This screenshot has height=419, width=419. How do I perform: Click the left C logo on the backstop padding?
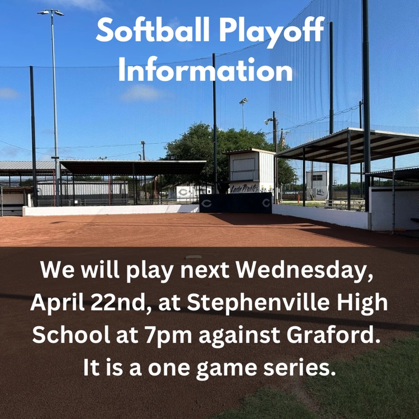point(206,203)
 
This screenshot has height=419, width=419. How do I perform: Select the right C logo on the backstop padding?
point(266,203)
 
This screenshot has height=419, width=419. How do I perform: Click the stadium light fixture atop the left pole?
point(50,12)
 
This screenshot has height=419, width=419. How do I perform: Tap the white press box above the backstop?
point(251,168)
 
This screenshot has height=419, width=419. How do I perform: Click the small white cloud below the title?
point(141,93)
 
